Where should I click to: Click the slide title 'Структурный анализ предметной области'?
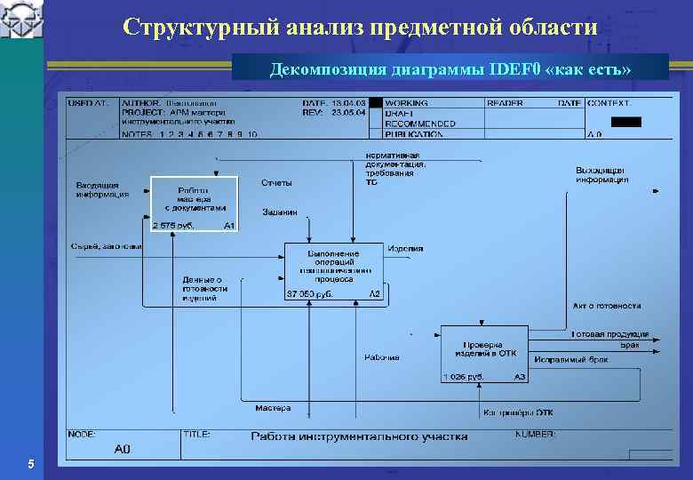coord(360,27)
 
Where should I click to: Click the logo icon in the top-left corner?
coord(21,20)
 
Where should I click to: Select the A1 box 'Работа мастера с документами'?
coord(194,204)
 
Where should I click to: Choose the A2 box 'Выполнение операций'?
coord(333,270)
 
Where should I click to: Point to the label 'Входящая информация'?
coord(102,189)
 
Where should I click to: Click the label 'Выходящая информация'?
coord(601,174)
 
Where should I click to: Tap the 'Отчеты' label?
coord(276,183)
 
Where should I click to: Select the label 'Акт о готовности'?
coord(606,306)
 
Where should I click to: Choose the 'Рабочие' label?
coord(381,358)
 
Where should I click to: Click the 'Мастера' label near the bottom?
coord(273,409)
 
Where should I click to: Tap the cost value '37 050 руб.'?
coord(308,294)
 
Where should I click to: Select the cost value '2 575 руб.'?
coord(173,226)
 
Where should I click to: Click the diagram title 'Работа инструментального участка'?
coord(358,436)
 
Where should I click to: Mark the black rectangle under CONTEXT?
coord(625,121)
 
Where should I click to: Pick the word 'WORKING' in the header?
coord(405,104)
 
